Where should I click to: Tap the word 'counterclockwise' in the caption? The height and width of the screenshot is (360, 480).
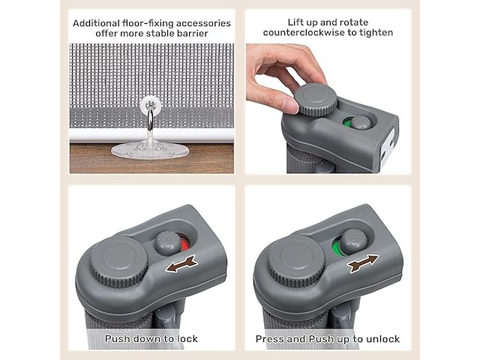click(x=299, y=32)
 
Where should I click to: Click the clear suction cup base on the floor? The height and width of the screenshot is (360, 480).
click(x=149, y=150)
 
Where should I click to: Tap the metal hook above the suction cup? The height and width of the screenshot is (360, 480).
click(x=150, y=119)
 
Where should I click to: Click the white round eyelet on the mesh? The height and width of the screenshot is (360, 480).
click(x=151, y=105)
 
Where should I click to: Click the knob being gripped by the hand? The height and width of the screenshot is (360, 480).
click(x=316, y=100)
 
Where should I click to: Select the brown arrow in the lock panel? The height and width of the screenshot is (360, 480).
click(x=181, y=264)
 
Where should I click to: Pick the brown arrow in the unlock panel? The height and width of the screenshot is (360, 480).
click(x=363, y=263)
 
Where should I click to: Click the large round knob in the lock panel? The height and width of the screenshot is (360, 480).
click(x=119, y=261)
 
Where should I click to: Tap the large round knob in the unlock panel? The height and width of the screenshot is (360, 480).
click(x=297, y=260)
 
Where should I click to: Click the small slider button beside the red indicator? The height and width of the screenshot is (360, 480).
click(x=168, y=243)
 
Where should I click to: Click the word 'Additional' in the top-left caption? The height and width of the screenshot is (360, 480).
click(x=96, y=23)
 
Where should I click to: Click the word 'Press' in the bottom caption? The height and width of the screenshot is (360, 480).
click(x=268, y=339)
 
